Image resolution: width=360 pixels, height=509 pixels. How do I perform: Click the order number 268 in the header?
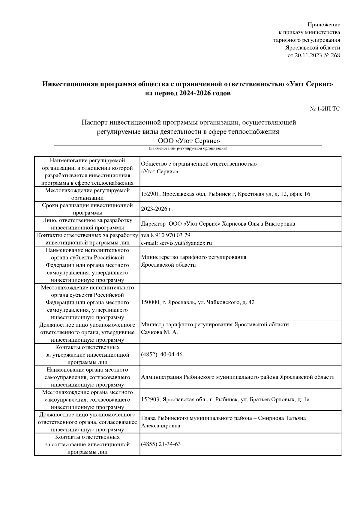point(335,55)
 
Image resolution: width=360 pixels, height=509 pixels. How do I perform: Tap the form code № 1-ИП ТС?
point(325,109)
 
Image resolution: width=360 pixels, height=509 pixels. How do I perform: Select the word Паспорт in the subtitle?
point(95,122)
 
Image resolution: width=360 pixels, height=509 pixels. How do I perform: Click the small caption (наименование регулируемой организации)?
point(188,148)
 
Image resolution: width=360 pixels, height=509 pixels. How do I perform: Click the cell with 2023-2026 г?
point(157,209)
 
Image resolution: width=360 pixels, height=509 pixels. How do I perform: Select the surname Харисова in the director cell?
point(235,224)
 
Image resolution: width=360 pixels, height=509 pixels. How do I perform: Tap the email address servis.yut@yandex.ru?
point(185,243)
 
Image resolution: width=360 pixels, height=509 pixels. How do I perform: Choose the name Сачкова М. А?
point(159,332)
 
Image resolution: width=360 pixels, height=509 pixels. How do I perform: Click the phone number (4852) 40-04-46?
point(162,355)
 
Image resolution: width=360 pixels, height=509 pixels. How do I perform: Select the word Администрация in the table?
point(162,377)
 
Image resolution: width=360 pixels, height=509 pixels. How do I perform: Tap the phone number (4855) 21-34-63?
point(161,444)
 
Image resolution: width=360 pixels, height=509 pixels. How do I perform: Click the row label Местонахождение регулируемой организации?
point(87,194)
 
